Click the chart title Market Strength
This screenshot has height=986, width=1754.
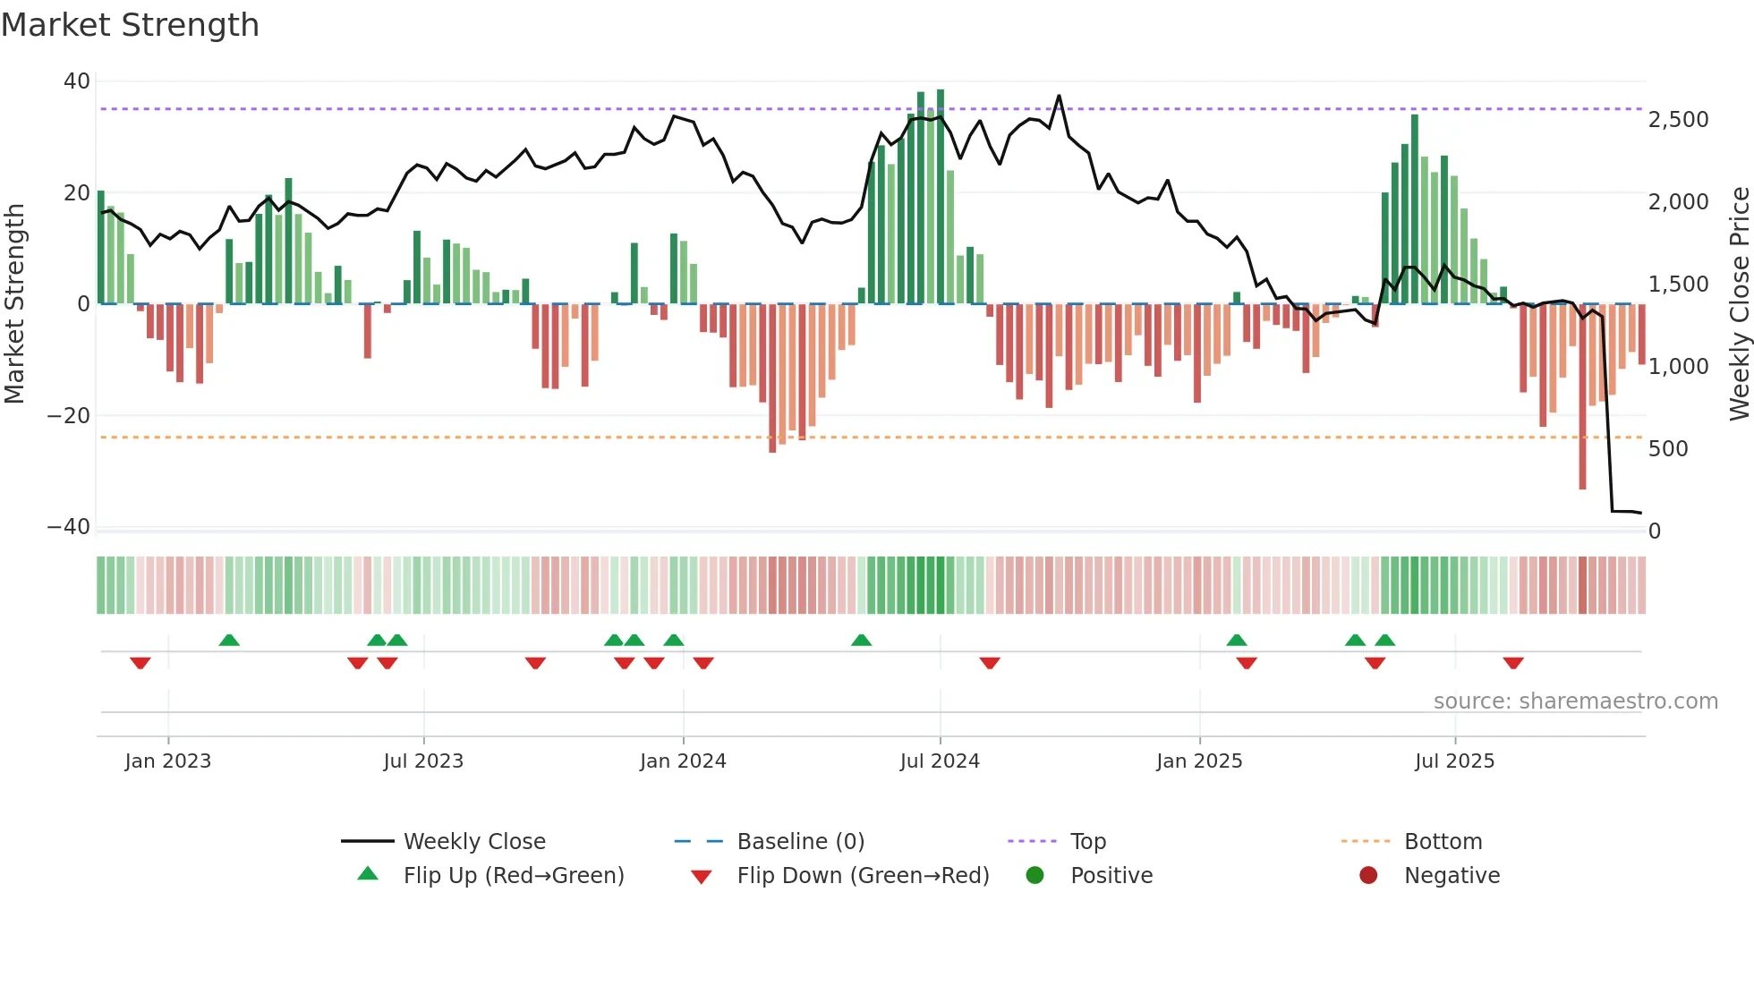click(130, 25)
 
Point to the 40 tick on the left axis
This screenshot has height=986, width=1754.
click(77, 81)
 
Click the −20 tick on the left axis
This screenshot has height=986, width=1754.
click(69, 416)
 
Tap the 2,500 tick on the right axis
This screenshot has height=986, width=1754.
click(1678, 120)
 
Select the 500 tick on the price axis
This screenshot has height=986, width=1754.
click(1668, 449)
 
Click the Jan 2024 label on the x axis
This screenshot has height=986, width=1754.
click(683, 761)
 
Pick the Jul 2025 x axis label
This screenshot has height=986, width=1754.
click(1454, 761)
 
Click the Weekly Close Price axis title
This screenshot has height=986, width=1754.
click(1739, 304)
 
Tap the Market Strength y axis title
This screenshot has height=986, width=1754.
click(15, 304)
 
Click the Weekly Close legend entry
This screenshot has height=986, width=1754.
click(473, 842)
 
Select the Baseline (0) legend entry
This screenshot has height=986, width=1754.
click(800, 842)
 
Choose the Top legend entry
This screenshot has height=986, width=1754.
click(1087, 842)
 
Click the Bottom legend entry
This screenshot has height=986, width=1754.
click(1443, 842)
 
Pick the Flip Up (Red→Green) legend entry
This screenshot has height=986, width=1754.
click(513, 876)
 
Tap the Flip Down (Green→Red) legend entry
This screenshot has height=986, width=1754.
click(862, 876)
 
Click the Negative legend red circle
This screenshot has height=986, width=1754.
click(1367, 876)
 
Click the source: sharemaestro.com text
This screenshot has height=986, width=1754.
click(1575, 701)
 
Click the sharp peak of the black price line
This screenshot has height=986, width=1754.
click(1059, 97)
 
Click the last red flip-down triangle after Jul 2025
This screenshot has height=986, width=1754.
click(1513, 663)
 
